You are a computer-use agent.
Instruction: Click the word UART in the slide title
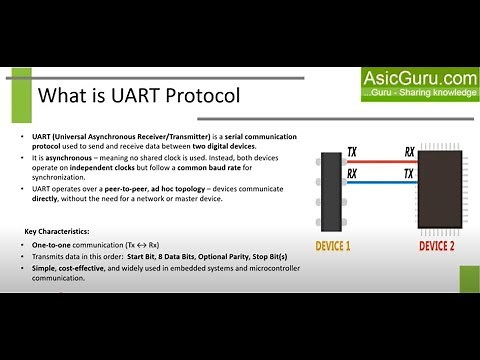click(x=126, y=96)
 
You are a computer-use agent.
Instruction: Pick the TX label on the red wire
click(x=352, y=152)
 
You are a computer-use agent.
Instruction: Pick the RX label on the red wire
click(x=410, y=152)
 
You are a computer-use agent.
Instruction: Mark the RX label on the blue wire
click(x=352, y=174)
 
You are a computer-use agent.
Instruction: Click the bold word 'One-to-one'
click(x=50, y=244)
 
